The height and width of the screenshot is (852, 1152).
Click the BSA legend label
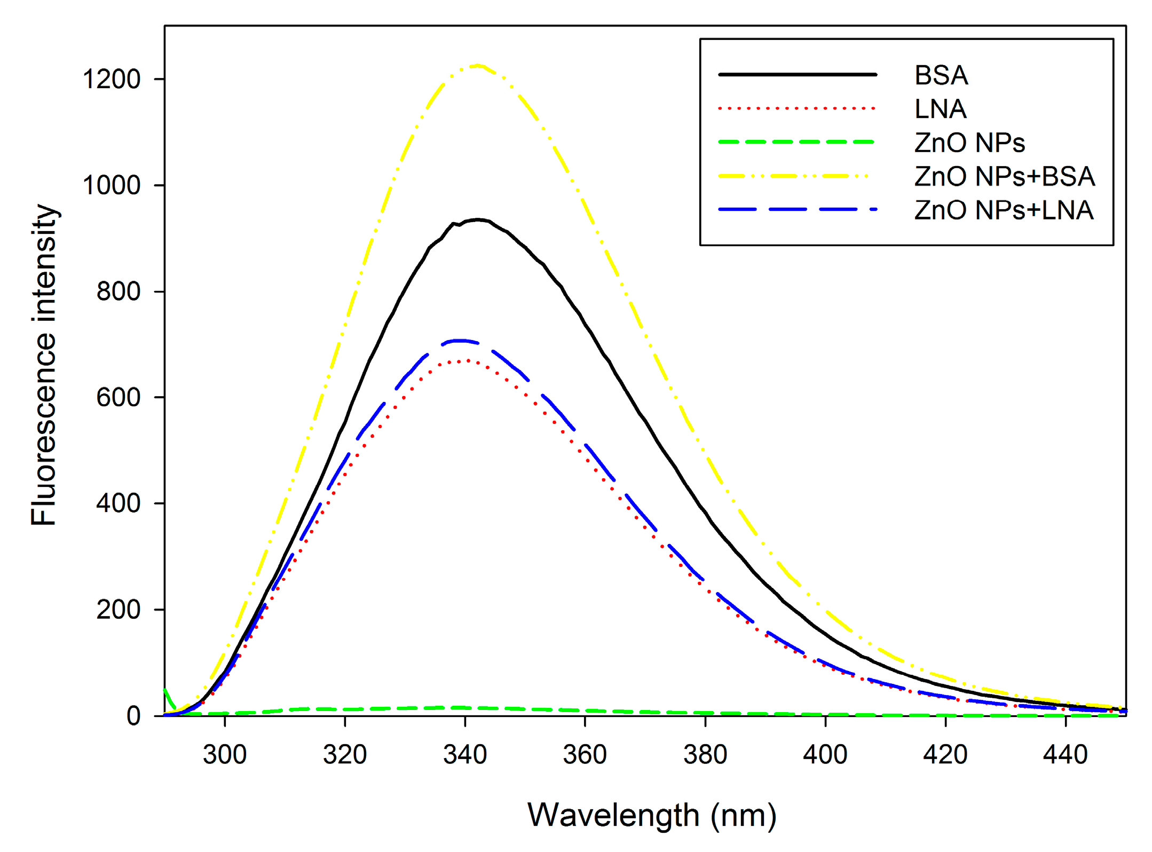(941, 75)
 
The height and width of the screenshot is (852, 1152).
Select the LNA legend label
(940, 109)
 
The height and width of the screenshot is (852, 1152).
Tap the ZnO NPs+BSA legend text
(1004, 176)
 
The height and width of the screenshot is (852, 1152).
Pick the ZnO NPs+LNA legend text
(1004, 210)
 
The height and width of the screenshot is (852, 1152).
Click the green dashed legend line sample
(796, 142)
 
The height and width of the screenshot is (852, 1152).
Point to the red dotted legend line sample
(796, 108)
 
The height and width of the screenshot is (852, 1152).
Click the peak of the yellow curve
(477, 66)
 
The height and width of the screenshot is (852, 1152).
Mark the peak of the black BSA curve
(478, 219)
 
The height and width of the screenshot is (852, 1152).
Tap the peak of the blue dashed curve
(460, 340)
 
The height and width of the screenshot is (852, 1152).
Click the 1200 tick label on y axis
(111, 79)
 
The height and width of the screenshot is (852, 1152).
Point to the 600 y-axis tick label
(118, 397)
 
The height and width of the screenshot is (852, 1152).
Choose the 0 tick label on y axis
(133, 716)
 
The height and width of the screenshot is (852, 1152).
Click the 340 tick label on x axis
(465, 755)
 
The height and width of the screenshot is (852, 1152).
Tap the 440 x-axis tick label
(1065, 755)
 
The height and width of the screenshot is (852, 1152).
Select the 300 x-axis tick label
(225, 755)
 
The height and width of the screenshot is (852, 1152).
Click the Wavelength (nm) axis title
(652, 815)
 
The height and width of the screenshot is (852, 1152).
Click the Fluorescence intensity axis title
(44, 365)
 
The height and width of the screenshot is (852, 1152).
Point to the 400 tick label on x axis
(825, 755)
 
